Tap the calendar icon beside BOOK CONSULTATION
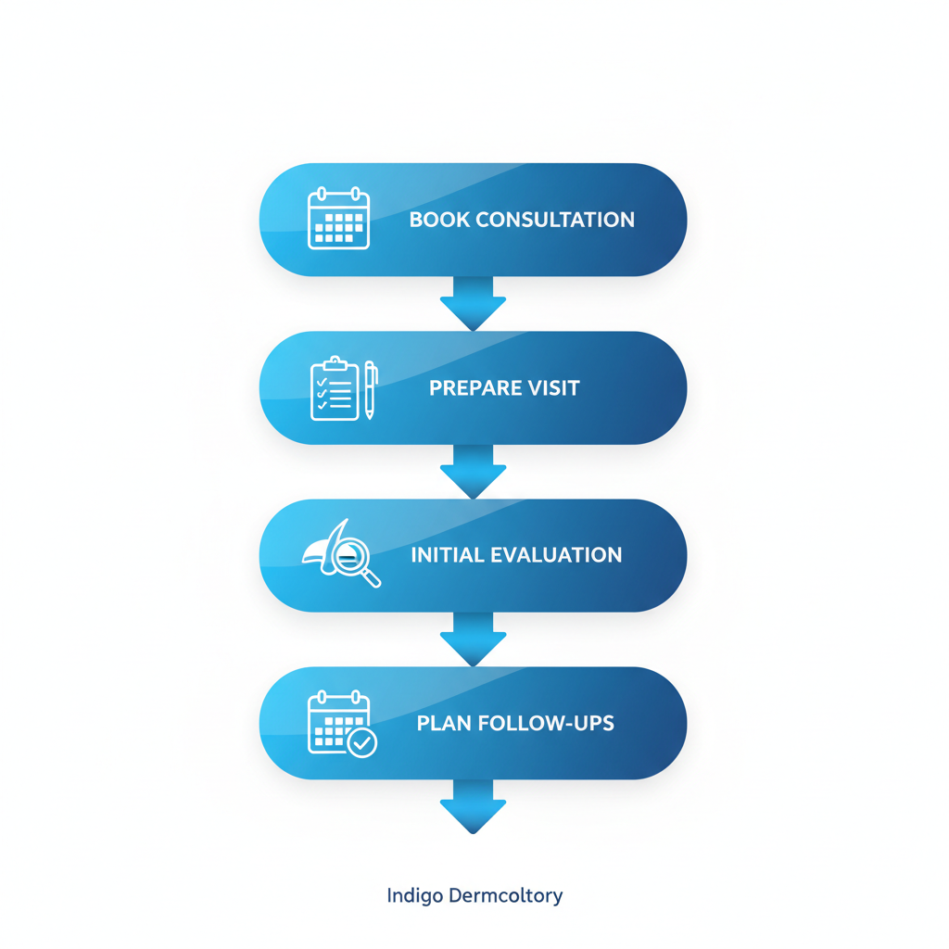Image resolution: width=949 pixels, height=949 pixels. [x=338, y=219]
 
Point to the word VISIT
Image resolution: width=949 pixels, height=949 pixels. [x=555, y=387]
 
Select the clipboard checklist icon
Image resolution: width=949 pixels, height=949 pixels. [x=335, y=389]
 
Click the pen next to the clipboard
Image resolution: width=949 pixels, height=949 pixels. [x=370, y=390]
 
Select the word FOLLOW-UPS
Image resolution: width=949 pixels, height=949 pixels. [x=547, y=723]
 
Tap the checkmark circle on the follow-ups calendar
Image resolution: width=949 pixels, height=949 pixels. [x=361, y=742]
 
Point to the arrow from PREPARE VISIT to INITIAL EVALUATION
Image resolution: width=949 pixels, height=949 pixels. [x=473, y=471]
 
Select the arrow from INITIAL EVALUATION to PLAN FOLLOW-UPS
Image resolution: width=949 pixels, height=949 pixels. [x=473, y=639]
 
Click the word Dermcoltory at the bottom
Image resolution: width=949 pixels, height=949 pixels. [x=504, y=896]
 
